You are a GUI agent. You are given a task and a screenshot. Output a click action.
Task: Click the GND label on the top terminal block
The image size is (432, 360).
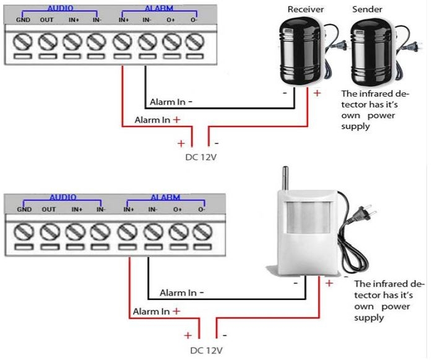[x=23, y=21]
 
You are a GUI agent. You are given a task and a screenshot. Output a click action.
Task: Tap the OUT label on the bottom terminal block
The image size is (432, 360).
[x=49, y=209]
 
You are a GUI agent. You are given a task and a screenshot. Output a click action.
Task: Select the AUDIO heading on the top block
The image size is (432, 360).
[x=61, y=9]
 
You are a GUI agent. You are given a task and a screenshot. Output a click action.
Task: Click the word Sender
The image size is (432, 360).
[x=366, y=10]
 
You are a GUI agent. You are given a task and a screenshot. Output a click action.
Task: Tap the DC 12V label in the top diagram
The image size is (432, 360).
[x=201, y=156]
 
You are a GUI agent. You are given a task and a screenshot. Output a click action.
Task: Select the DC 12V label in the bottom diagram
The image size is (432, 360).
[x=206, y=350]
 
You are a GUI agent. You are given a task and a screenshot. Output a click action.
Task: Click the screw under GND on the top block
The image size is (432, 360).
[x=22, y=43]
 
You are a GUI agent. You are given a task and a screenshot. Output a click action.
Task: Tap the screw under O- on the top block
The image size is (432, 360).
[x=196, y=43]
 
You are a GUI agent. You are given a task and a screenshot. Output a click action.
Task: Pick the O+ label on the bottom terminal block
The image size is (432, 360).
[x=178, y=209]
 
